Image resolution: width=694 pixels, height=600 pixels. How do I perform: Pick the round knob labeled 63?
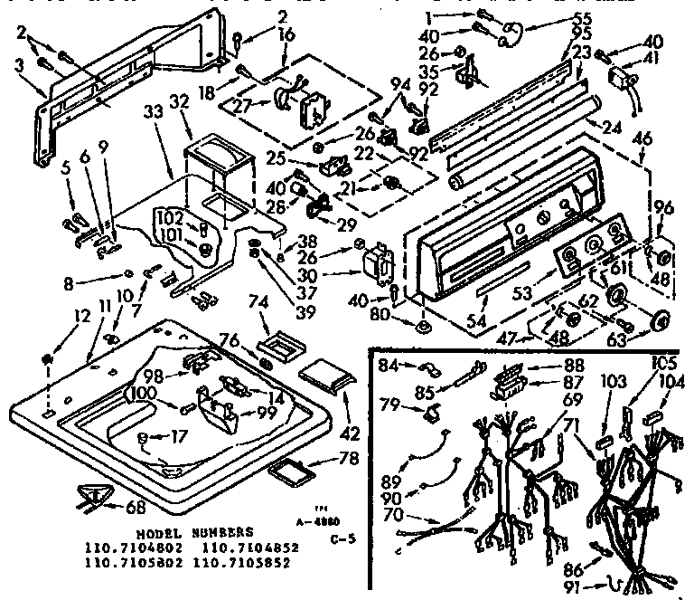coord(661,319)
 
